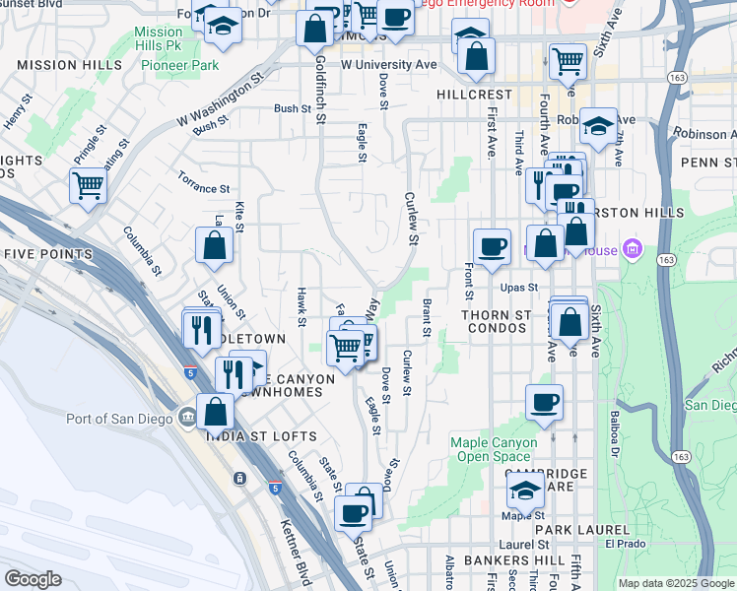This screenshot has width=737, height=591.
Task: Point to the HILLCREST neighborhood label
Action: (x=474, y=95)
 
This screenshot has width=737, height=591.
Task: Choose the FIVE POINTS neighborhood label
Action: (x=47, y=254)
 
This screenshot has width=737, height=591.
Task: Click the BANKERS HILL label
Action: (x=498, y=560)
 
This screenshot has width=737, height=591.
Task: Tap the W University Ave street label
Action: (x=388, y=64)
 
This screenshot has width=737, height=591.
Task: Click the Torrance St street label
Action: (x=203, y=186)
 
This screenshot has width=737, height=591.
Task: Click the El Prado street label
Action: (x=624, y=543)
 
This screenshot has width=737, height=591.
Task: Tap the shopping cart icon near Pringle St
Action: (x=88, y=184)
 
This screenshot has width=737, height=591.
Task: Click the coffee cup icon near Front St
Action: (x=492, y=245)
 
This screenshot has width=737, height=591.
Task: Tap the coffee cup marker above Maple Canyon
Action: (x=545, y=401)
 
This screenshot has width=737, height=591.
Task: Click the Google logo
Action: (x=33, y=579)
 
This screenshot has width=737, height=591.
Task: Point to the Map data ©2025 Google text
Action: (x=675, y=583)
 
